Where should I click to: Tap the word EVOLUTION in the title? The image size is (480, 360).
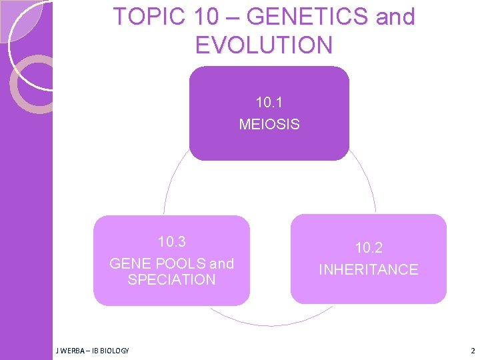[263, 45]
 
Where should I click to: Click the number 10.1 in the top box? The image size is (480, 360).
[269, 103]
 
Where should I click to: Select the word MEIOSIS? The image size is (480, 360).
[269, 124]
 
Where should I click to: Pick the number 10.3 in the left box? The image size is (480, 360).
[171, 241]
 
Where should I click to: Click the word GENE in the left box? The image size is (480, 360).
[129, 264]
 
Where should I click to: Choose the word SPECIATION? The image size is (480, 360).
[171, 280]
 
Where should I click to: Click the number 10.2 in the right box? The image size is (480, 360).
[369, 248]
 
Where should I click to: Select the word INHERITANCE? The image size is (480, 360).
[369, 270]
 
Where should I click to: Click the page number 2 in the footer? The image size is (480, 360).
[472, 351]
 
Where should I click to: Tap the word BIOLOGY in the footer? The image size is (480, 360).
[114, 351]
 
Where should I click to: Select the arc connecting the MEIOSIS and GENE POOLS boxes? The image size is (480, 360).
[169, 187]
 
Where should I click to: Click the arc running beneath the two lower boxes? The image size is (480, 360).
[270, 325]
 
